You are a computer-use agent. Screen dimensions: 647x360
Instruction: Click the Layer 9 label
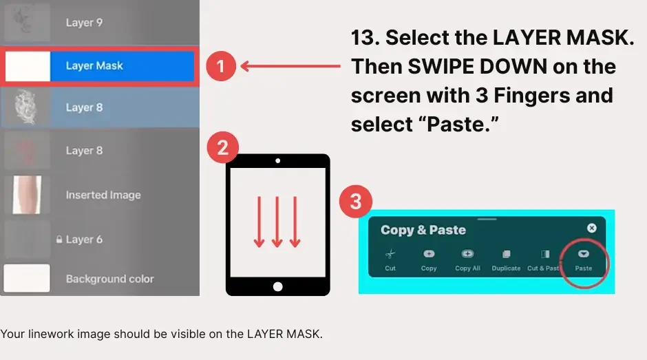pyautogui.click(x=84, y=23)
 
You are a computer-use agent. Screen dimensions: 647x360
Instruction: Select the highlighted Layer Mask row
pyautogui.click(x=99, y=66)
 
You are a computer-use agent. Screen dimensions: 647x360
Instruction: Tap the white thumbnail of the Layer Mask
pyautogui.click(x=28, y=66)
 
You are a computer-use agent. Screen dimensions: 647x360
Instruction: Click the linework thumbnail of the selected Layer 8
pyautogui.click(x=26, y=107)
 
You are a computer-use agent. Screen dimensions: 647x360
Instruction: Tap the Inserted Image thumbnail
pyautogui.click(x=28, y=195)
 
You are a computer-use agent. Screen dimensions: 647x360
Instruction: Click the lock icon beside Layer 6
pyautogui.click(x=59, y=240)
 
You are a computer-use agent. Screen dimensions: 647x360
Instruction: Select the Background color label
pyautogui.click(x=109, y=279)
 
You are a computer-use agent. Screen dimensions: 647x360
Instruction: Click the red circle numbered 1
pyautogui.click(x=221, y=66)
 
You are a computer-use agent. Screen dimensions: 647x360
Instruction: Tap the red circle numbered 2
pyautogui.click(x=223, y=147)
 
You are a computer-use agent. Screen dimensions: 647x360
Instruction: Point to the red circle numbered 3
pyautogui.click(x=356, y=202)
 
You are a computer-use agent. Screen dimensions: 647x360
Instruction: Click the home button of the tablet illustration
pyautogui.click(x=277, y=286)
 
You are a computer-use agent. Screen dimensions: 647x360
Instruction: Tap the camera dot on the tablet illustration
pyautogui.click(x=277, y=160)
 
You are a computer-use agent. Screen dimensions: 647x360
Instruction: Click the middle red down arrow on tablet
pyautogui.click(x=277, y=222)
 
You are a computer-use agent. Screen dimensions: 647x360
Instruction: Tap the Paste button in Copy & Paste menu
pyautogui.click(x=584, y=260)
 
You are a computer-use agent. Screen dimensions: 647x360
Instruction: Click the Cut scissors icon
pyautogui.click(x=390, y=254)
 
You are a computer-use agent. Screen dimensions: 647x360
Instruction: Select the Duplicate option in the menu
pyautogui.click(x=506, y=260)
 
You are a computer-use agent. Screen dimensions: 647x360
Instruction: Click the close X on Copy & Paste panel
pyautogui.click(x=592, y=228)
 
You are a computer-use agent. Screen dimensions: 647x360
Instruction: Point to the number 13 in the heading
pyautogui.click(x=365, y=38)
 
